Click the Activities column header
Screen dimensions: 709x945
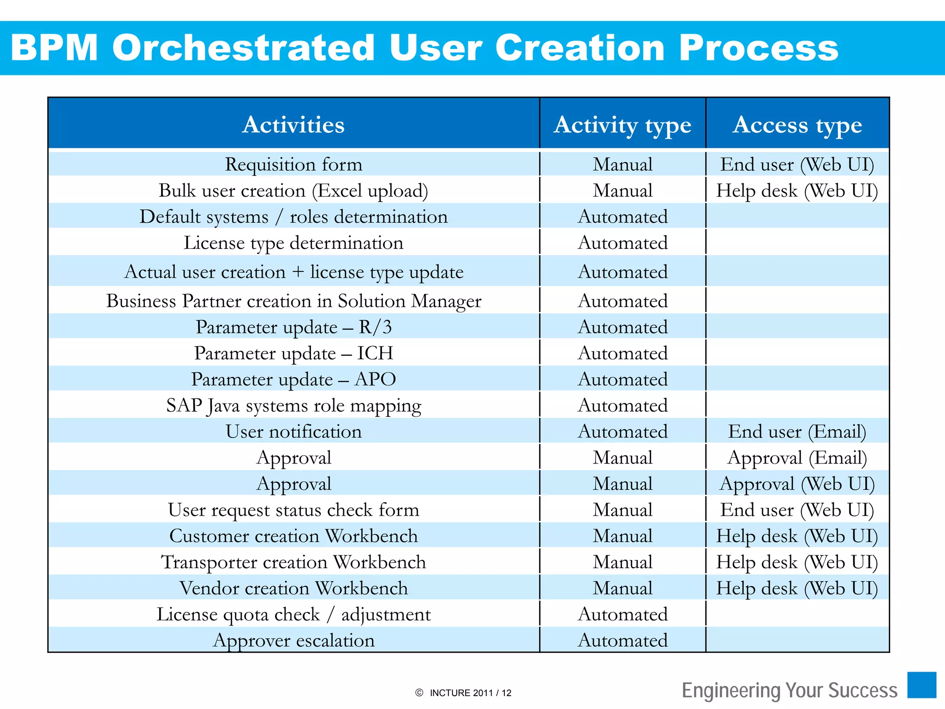293,125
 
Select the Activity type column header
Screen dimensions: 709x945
622,125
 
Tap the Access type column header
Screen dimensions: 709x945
797,125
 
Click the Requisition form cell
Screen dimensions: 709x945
293,164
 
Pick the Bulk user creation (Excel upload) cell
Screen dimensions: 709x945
293,191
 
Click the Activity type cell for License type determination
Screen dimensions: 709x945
622,243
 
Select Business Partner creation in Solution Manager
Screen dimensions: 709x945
293,301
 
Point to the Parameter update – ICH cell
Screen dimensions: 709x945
293,353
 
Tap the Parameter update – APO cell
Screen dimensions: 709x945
293,379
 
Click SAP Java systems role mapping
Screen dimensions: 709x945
293,406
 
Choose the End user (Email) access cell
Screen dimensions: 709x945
797,432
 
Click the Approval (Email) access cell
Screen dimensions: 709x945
797,458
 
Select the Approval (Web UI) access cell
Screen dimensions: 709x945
797,484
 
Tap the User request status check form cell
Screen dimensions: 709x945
293,510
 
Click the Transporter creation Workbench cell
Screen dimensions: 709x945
293,562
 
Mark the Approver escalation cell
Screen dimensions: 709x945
293,640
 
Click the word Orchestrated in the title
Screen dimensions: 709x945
243,48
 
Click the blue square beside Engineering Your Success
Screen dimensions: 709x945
921,685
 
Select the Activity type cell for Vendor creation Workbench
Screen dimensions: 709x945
622,588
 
